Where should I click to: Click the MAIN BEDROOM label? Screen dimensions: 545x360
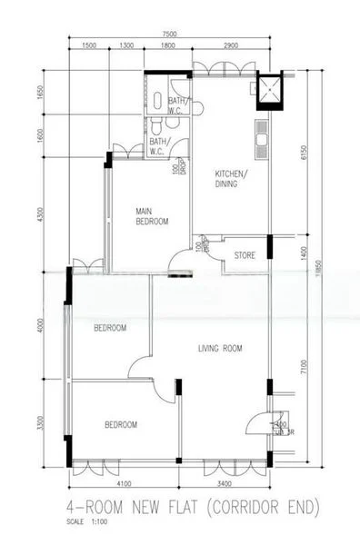pyautogui.click(x=152, y=215)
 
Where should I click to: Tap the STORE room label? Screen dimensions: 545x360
pyautogui.click(x=245, y=255)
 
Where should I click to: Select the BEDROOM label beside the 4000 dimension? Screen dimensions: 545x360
pyautogui.click(x=110, y=328)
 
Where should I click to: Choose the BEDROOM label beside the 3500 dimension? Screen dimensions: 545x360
pyautogui.click(x=120, y=424)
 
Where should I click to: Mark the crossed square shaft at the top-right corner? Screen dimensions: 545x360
pyautogui.click(x=270, y=88)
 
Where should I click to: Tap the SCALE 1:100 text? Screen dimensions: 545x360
pyautogui.click(x=87, y=522)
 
